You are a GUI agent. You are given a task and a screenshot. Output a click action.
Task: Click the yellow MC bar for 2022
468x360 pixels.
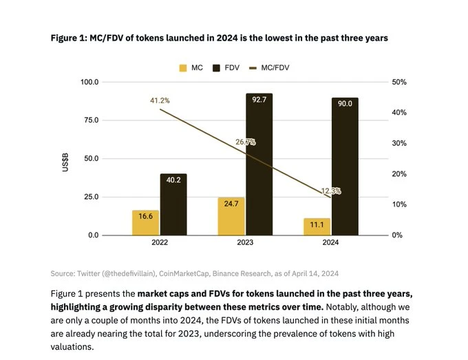point(145,222)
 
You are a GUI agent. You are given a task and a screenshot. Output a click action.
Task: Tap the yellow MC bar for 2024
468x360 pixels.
point(317,226)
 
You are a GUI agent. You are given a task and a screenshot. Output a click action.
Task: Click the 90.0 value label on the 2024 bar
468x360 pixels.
point(345,103)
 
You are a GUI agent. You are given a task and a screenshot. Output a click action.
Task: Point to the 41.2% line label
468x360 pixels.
point(160,100)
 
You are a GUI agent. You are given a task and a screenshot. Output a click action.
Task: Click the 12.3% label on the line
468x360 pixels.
point(331,191)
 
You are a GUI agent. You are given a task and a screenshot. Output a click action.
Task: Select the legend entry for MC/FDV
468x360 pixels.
point(290,67)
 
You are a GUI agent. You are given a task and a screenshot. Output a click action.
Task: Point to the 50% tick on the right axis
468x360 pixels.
point(398,82)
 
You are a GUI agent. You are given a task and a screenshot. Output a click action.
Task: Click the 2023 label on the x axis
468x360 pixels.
point(245,242)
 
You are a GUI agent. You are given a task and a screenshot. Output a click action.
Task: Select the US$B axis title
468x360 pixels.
point(67,159)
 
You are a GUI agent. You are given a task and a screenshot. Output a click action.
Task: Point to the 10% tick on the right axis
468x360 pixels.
point(398,204)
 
